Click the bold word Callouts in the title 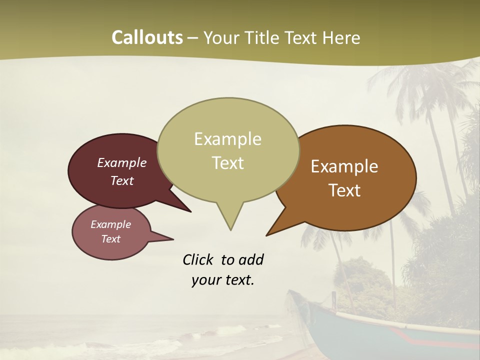(x=147, y=37)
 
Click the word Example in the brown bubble (x=344, y=166)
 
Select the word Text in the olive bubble (x=227, y=163)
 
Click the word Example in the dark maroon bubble (x=122, y=162)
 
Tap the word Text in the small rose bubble (x=110, y=239)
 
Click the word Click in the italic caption (x=198, y=259)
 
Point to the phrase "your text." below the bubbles (x=222, y=280)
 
